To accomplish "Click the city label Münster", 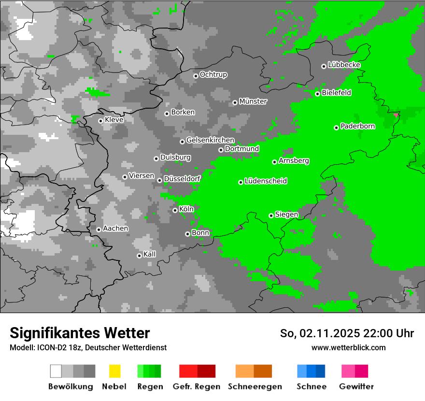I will pyautogui.click(x=253, y=101).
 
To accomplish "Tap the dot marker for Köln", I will pyautogui.click(x=175, y=210).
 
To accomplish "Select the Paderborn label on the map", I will pyautogui.click(x=358, y=127).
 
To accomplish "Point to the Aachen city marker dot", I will pyautogui.click(x=99, y=229).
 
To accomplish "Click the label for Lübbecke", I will pyautogui.click(x=344, y=65).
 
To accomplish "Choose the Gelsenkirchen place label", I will pyautogui.click(x=210, y=140).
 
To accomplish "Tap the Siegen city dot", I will pyautogui.click(x=271, y=215).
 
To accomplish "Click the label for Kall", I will pyautogui.click(x=150, y=254).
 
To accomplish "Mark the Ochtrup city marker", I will pyautogui.click(x=196, y=75).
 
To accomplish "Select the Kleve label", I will pyautogui.click(x=114, y=120).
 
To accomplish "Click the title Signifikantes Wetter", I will pyautogui.click(x=80, y=333).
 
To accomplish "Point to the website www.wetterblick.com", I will pyautogui.click(x=348, y=347).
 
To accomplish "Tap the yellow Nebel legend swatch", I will pyautogui.click(x=114, y=371).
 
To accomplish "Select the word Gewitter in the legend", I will pyautogui.click(x=356, y=387).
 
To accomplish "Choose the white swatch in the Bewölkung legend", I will pyautogui.click(x=56, y=371).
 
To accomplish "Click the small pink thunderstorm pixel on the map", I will pyautogui.click(x=397, y=115).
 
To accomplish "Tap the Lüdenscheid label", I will pyautogui.click(x=266, y=181).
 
